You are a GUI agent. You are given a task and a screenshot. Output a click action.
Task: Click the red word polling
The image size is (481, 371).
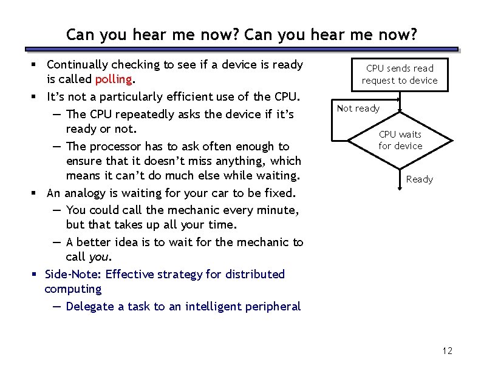click(114, 80)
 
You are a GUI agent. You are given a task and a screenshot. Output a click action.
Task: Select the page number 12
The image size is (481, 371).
click(448, 351)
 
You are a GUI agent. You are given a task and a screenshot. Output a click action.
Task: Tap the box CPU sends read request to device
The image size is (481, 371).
click(399, 75)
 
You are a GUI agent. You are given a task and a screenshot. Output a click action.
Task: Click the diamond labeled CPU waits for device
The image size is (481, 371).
click(400, 140)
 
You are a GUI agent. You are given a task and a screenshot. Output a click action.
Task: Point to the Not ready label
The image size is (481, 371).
click(358, 109)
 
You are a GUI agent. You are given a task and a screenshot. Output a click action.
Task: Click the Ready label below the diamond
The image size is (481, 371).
click(419, 179)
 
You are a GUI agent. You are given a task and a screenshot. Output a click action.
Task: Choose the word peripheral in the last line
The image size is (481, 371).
click(273, 307)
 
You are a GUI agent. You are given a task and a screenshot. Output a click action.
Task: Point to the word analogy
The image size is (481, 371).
click(86, 193)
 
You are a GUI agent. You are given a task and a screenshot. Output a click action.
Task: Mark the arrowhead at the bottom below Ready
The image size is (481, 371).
click(399, 189)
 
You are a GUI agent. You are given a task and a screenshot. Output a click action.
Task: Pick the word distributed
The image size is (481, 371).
click(254, 275)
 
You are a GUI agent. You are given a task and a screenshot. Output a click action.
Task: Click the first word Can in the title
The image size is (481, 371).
click(79, 35)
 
